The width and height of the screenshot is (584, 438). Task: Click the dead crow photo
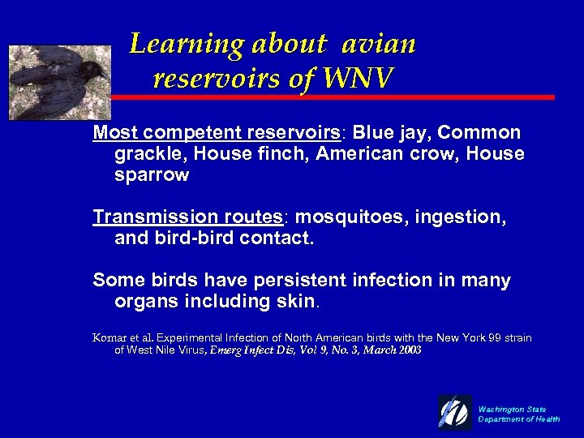(58, 83)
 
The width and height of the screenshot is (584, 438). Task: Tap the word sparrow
(152, 175)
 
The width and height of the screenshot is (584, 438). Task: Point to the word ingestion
(463, 217)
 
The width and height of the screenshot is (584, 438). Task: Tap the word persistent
(301, 281)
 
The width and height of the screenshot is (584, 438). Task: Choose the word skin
(294, 302)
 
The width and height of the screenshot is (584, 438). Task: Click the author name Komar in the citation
(111, 337)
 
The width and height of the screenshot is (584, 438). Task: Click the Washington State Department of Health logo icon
(455, 413)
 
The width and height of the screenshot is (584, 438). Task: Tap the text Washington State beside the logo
(512, 409)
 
